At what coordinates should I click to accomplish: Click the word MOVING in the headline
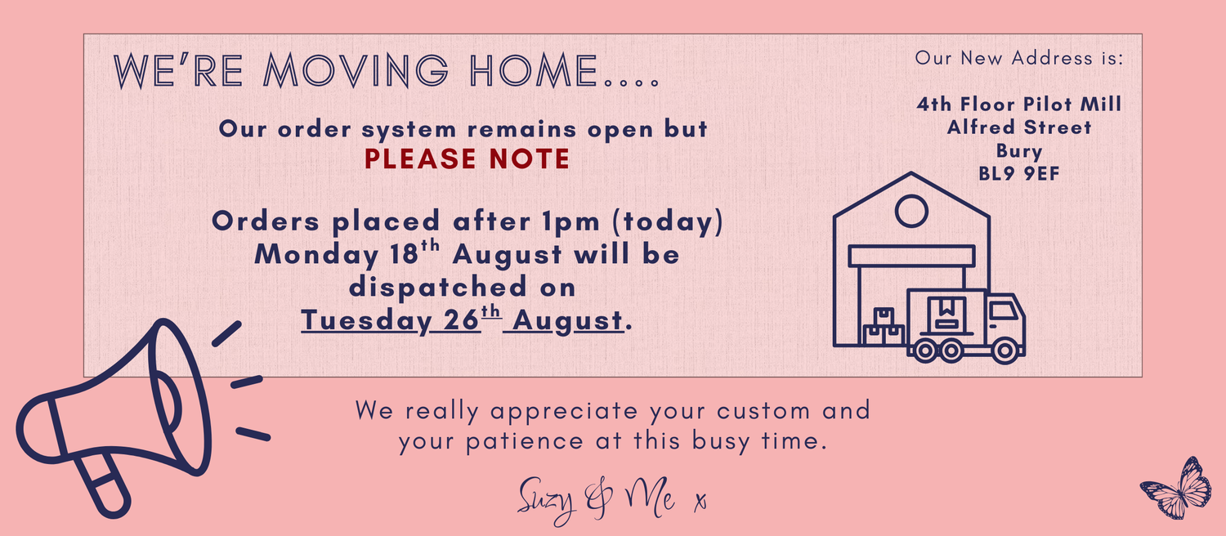pyautogui.click(x=356, y=70)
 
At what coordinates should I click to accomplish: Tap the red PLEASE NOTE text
pyautogui.click(x=467, y=159)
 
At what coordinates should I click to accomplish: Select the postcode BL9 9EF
pyautogui.click(x=1019, y=174)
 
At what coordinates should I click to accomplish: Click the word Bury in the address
pyautogui.click(x=1019, y=151)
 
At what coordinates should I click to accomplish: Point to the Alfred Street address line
pyautogui.click(x=1019, y=127)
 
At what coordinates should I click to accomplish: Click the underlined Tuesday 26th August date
pyautogui.click(x=463, y=319)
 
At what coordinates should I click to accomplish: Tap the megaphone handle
pyautogui.click(x=104, y=484)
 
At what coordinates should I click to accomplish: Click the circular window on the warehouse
pyautogui.click(x=911, y=211)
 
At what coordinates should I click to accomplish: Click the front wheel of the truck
pyautogui.click(x=1005, y=351)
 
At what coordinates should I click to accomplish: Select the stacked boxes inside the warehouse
pyautogui.click(x=883, y=327)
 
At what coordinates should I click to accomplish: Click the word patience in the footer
pyautogui.click(x=525, y=442)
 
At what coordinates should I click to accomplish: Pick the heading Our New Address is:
pyautogui.click(x=1019, y=58)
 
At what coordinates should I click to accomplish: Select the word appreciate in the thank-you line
pyautogui.click(x=564, y=412)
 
